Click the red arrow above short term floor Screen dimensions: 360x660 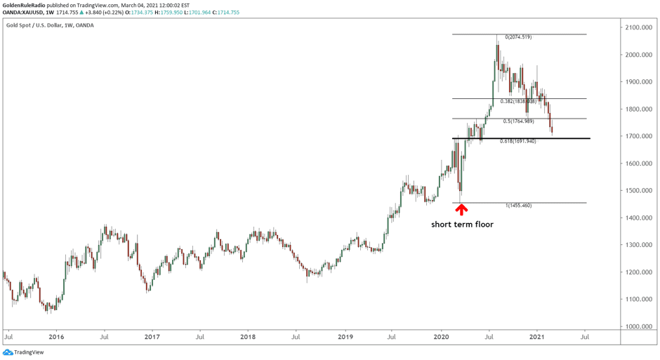[462, 208]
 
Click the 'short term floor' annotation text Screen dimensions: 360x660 [462, 225]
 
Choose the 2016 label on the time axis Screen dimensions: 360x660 [56, 337]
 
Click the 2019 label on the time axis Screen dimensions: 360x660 [344, 337]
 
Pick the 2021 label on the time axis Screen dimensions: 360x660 [537, 337]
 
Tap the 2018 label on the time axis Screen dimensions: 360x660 [248, 337]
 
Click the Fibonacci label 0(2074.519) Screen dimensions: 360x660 [519, 37]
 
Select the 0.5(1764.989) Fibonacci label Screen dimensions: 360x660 [518, 121]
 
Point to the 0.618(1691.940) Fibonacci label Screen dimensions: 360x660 [518, 141]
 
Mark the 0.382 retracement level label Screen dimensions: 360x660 [518, 102]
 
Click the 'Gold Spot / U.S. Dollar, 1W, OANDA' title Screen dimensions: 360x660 [50, 25]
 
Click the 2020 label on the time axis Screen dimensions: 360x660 [441, 337]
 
